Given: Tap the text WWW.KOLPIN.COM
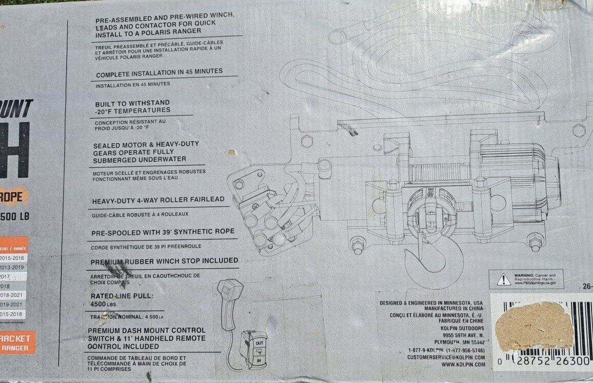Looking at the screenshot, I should click(x=463, y=365).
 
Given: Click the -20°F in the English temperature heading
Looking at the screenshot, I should click(x=105, y=110).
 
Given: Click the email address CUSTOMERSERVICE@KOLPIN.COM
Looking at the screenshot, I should click(x=446, y=357).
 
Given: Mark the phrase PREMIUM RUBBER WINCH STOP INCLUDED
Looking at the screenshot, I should click(x=164, y=261).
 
